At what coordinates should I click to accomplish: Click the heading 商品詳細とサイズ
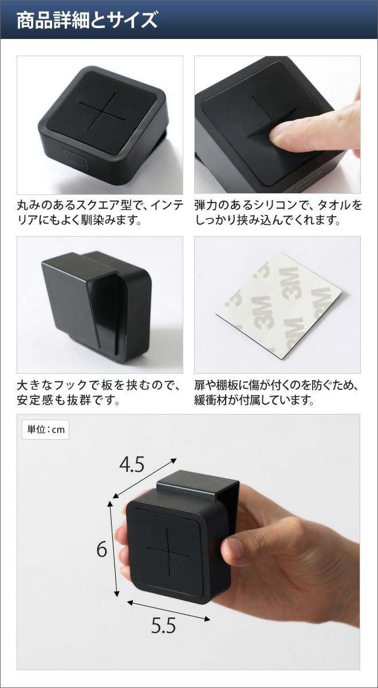click(87, 20)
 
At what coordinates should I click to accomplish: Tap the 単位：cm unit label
click(46, 429)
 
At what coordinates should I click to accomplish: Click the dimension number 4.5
click(132, 464)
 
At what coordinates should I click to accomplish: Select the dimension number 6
click(101, 549)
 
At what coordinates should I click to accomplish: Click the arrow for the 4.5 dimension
click(144, 478)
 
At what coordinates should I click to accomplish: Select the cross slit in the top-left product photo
click(101, 111)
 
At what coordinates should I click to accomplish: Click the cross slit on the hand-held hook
click(168, 548)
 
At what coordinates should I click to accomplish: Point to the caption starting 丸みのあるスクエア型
click(100, 212)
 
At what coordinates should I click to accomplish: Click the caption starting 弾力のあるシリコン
click(278, 212)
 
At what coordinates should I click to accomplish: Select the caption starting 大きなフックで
click(99, 393)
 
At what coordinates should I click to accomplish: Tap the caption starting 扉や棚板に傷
click(277, 393)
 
